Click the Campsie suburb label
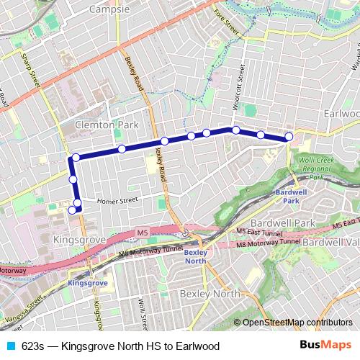tap(109, 9)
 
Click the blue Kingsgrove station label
tap(87, 284)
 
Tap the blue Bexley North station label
tap(195, 257)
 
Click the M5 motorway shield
tap(142, 233)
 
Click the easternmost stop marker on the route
tap(289, 136)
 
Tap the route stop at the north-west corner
tap(76, 158)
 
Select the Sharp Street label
tap(30, 71)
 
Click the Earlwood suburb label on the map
tap(341, 114)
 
